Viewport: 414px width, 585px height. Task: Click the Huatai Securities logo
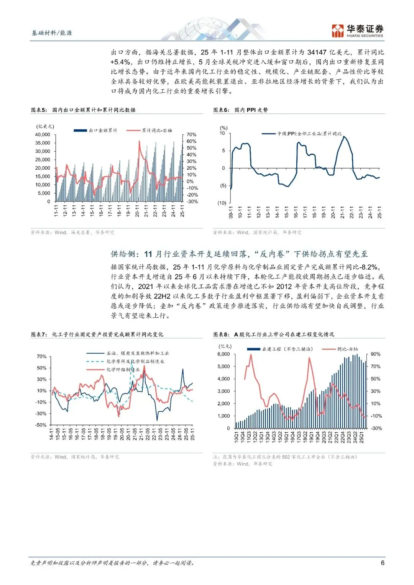click(357, 31)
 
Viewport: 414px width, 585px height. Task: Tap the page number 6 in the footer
click(382, 562)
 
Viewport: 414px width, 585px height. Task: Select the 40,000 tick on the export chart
click(43, 134)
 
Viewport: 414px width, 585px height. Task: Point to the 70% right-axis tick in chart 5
click(191, 135)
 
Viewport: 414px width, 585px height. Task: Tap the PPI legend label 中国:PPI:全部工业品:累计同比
click(309, 134)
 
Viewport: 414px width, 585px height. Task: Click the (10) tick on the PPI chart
click(222, 203)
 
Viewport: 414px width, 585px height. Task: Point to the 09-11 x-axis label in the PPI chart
click(231, 212)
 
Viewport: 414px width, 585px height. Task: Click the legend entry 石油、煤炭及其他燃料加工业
click(138, 353)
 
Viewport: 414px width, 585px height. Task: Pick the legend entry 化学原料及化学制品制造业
click(135, 361)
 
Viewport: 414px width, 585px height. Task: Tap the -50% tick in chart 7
click(41, 425)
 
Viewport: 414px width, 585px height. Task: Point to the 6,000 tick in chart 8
click(223, 354)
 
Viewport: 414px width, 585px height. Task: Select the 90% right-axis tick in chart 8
click(376, 354)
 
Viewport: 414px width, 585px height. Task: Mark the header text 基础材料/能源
click(52, 33)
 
